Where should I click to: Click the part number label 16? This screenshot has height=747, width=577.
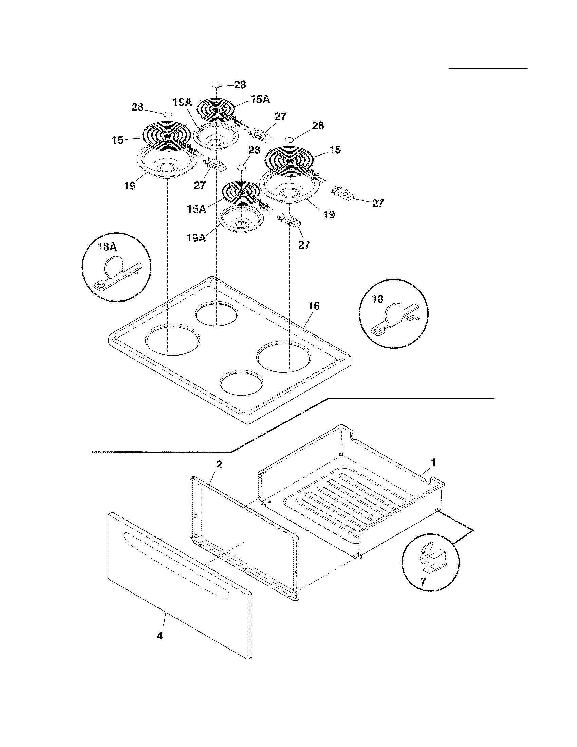(x=314, y=306)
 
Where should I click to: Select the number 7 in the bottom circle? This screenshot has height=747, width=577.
(x=423, y=581)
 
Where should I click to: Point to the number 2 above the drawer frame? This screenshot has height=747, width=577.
(x=219, y=464)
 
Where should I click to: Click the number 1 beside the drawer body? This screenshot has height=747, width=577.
(x=433, y=463)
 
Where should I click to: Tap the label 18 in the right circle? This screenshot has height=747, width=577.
(x=377, y=299)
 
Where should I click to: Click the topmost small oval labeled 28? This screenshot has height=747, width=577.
(x=216, y=85)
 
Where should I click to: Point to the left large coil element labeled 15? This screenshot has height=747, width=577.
(x=166, y=136)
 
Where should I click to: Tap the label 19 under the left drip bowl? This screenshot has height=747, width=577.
(x=130, y=186)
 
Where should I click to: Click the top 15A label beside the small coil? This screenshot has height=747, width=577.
(x=260, y=99)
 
